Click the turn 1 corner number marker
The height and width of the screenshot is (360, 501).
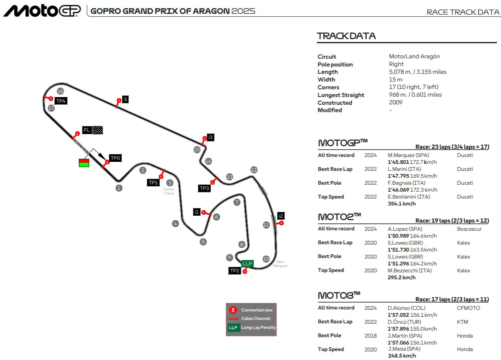(x=119, y=188)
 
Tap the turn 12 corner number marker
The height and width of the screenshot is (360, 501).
(x=254, y=170)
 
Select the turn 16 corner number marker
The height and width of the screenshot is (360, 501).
(x=60, y=91)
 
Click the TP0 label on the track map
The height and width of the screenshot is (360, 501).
(x=115, y=158)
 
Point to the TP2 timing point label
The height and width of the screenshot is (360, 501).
(x=235, y=270)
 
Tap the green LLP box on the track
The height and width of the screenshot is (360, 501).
(x=247, y=264)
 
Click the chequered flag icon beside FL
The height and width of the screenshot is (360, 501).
(x=98, y=130)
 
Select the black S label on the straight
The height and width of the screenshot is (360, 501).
(x=125, y=99)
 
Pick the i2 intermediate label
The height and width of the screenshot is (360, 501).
(x=281, y=216)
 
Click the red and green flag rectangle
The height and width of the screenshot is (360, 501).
(x=84, y=163)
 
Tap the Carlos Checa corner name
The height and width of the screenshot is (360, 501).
(x=168, y=191)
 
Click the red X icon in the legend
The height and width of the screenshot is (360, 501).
(x=233, y=310)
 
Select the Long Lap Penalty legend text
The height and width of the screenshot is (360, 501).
(x=259, y=327)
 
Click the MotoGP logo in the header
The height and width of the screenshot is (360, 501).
(x=42, y=11)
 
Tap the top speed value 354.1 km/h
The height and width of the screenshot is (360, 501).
(x=401, y=204)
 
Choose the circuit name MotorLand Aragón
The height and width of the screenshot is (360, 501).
(x=414, y=57)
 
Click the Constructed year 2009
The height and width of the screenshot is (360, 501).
(x=396, y=102)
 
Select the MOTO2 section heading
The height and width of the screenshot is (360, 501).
(x=339, y=216)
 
